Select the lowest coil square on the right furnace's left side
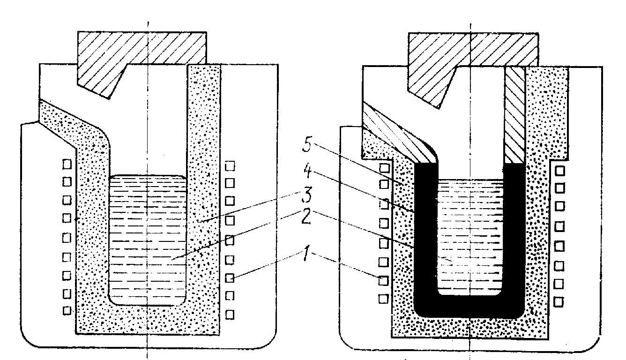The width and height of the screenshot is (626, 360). point(383,299)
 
